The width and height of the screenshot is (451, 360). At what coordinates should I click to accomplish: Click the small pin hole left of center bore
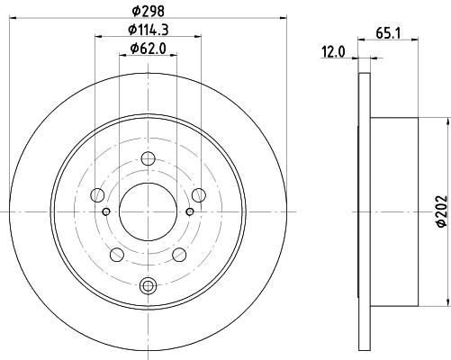pyautogui.click(x=107, y=211)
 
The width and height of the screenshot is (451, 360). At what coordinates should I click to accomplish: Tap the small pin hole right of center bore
pyautogui.click(x=190, y=211)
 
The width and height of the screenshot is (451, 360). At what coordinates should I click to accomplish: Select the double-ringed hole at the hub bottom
pyautogui.click(x=149, y=286)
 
